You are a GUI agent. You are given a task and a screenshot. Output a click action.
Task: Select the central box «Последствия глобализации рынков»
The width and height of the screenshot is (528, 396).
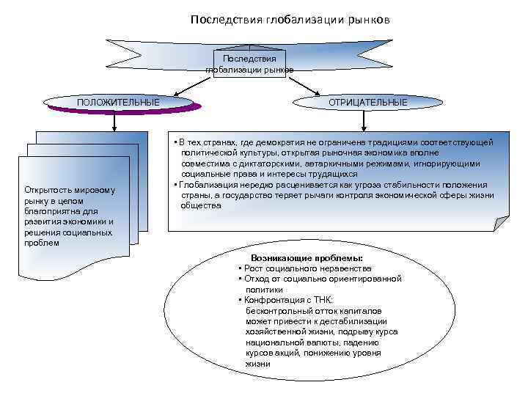pyautogui.click(x=250, y=65)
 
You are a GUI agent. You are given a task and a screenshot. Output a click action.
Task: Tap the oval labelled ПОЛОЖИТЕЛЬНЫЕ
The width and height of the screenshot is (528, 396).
pyautogui.click(x=118, y=102)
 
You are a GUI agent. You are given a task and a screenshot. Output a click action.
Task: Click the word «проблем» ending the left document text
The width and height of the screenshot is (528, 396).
pyautogui.click(x=40, y=243)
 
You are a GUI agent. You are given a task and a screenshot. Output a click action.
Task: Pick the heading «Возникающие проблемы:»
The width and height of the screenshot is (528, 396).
pyautogui.click(x=306, y=259)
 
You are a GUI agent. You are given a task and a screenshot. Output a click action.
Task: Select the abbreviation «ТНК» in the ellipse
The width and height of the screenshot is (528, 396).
pyautogui.click(x=322, y=300)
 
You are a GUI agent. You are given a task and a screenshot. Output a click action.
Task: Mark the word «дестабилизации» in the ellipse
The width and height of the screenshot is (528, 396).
pyautogui.click(x=356, y=321)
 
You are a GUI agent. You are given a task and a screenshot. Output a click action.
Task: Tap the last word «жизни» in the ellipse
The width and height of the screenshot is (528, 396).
pyautogui.click(x=258, y=364)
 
